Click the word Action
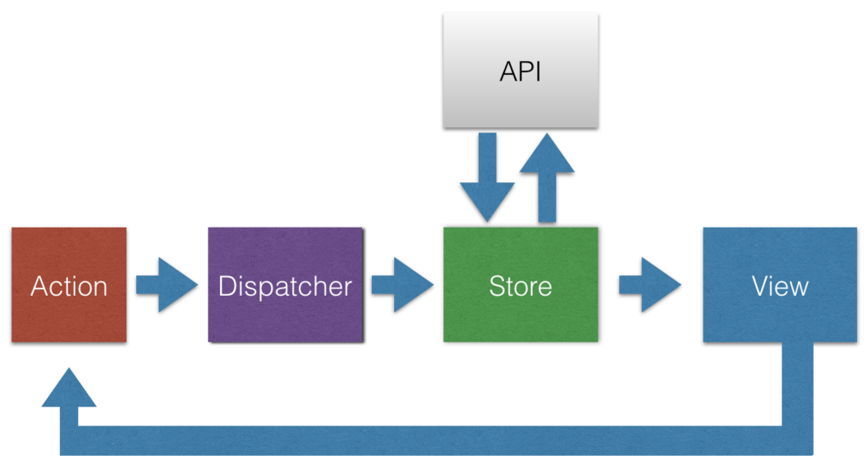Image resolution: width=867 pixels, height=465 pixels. coord(69,286)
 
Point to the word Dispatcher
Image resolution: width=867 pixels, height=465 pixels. coord(285,286)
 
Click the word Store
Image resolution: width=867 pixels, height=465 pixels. coord(521,286)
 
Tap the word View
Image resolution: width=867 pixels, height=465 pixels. coord(780,286)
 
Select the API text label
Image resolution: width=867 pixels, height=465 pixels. coord(521,71)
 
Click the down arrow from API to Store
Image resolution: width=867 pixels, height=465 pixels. coord(488,177)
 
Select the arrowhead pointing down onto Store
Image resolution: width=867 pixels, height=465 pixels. coord(488,203)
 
